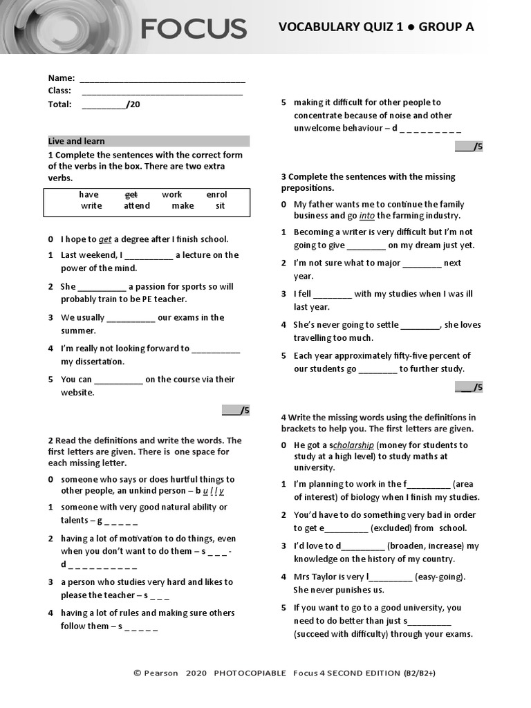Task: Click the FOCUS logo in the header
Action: (x=194, y=28)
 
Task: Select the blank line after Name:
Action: (x=162, y=79)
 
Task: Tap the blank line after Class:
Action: (x=162, y=91)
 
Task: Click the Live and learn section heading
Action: (x=77, y=141)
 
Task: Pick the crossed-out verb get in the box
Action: (x=131, y=195)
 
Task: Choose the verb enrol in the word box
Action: (x=216, y=195)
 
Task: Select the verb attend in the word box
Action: (x=137, y=206)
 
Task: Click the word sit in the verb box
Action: (x=220, y=206)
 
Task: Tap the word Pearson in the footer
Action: (x=160, y=673)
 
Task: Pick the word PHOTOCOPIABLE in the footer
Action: (x=250, y=673)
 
